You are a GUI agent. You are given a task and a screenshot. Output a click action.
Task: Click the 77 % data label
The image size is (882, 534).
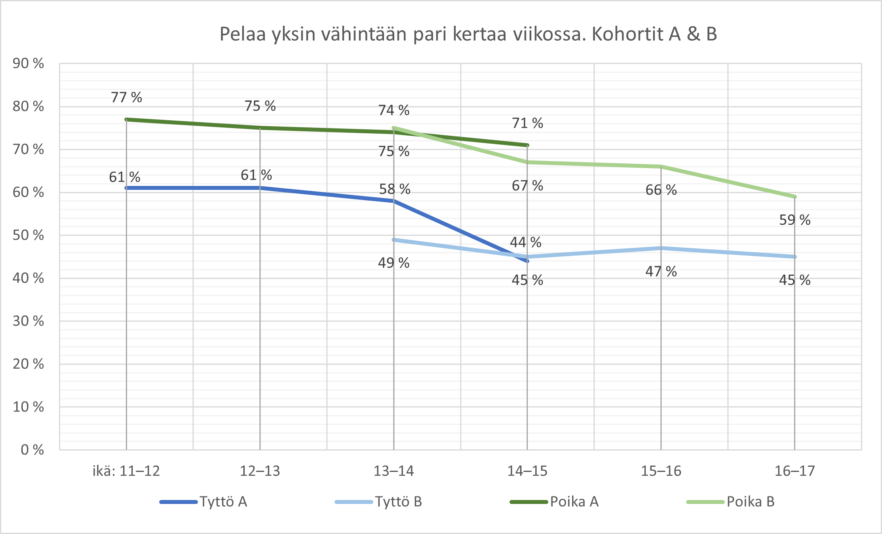click(126, 97)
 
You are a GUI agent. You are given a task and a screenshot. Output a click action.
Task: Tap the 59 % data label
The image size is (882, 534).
click(795, 220)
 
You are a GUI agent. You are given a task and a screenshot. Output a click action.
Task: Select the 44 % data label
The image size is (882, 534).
click(525, 242)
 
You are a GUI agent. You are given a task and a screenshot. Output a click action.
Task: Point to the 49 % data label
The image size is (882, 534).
click(393, 263)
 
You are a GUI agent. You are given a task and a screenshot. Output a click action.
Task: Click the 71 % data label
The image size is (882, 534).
click(527, 123)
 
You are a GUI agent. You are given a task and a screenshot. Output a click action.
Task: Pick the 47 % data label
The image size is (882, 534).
click(661, 271)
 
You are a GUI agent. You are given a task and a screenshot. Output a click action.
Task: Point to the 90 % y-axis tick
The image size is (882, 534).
click(28, 63)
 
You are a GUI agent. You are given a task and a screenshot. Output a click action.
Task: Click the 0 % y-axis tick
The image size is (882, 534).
click(32, 450)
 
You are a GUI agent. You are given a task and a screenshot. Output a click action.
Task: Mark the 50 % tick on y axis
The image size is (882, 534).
click(28, 235)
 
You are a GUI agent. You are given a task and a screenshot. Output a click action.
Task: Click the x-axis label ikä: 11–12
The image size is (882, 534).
click(126, 471)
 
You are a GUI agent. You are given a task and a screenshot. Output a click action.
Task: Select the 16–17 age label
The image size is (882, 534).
click(795, 471)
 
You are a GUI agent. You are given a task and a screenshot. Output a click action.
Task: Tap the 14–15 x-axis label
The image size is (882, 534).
click(527, 471)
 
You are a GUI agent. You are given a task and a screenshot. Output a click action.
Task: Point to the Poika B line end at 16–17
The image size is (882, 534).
click(795, 197)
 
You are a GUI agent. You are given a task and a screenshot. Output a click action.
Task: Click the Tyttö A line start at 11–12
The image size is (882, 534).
click(126, 188)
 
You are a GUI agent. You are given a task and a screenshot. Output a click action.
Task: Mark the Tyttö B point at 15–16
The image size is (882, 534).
click(661, 248)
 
